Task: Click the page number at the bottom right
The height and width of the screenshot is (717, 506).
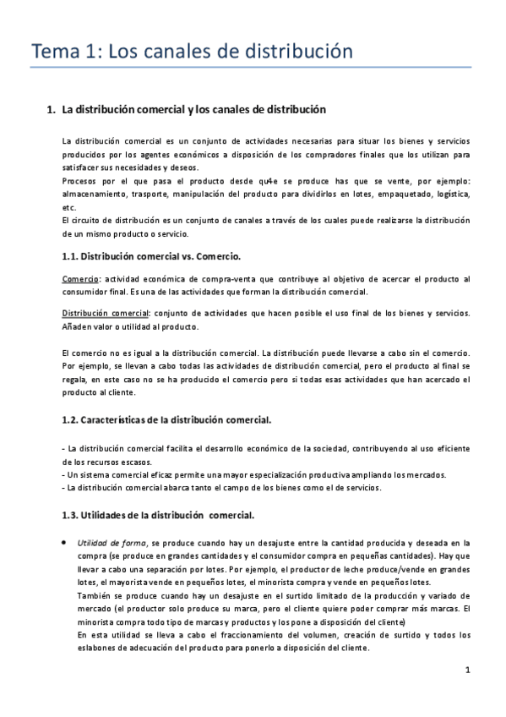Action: coord(467,671)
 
